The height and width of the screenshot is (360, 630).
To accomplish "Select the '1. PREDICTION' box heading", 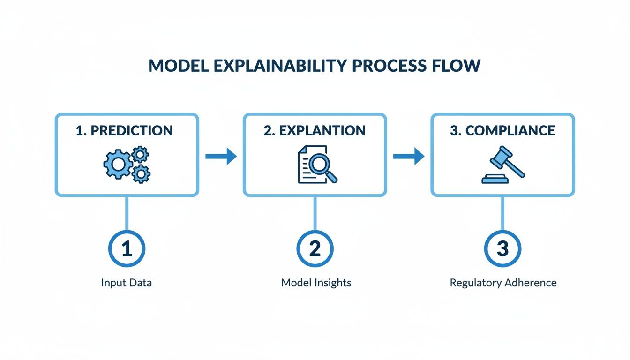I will (124, 130).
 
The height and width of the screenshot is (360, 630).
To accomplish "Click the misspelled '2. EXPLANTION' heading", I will (315, 130).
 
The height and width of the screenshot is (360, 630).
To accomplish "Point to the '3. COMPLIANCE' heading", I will (502, 130).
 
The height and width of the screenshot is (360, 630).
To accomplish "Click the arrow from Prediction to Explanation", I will (221, 157).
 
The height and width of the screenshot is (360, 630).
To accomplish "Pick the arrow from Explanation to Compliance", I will (408, 157).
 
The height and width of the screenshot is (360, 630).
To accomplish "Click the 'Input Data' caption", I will (127, 283).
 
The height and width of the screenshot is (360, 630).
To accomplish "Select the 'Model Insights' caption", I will (316, 283).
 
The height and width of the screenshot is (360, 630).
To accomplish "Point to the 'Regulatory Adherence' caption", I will (503, 283).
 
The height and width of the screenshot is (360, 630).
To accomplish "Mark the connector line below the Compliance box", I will (502, 213).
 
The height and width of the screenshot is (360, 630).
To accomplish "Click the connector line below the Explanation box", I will (315, 213).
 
